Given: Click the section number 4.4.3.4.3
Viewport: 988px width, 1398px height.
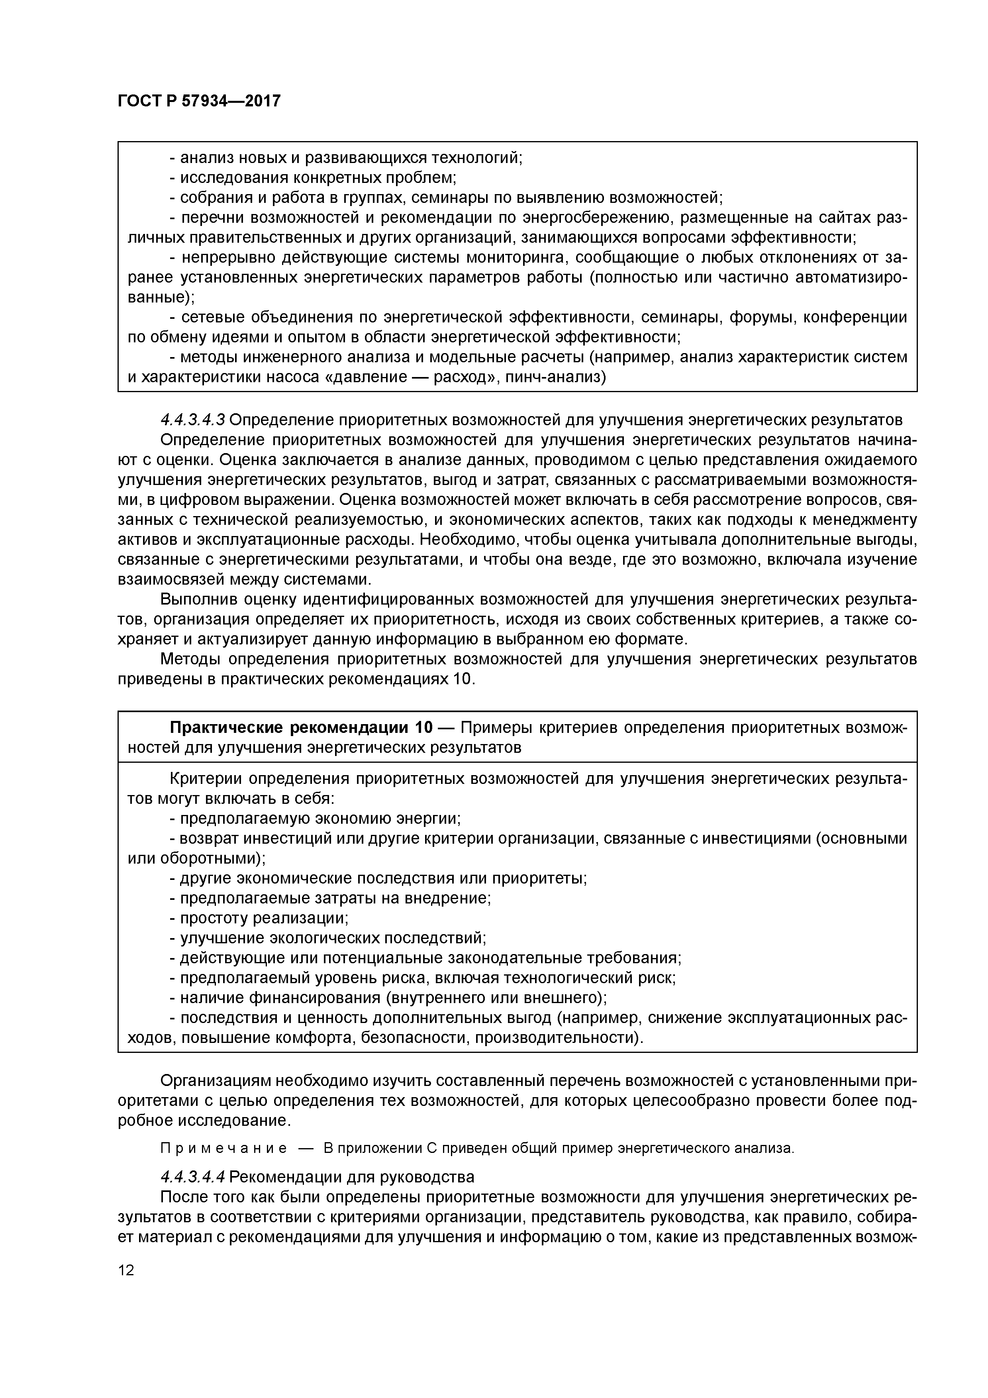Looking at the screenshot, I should tap(192, 420).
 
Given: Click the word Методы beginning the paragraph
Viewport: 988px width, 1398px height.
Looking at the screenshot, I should tap(189, 659).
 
